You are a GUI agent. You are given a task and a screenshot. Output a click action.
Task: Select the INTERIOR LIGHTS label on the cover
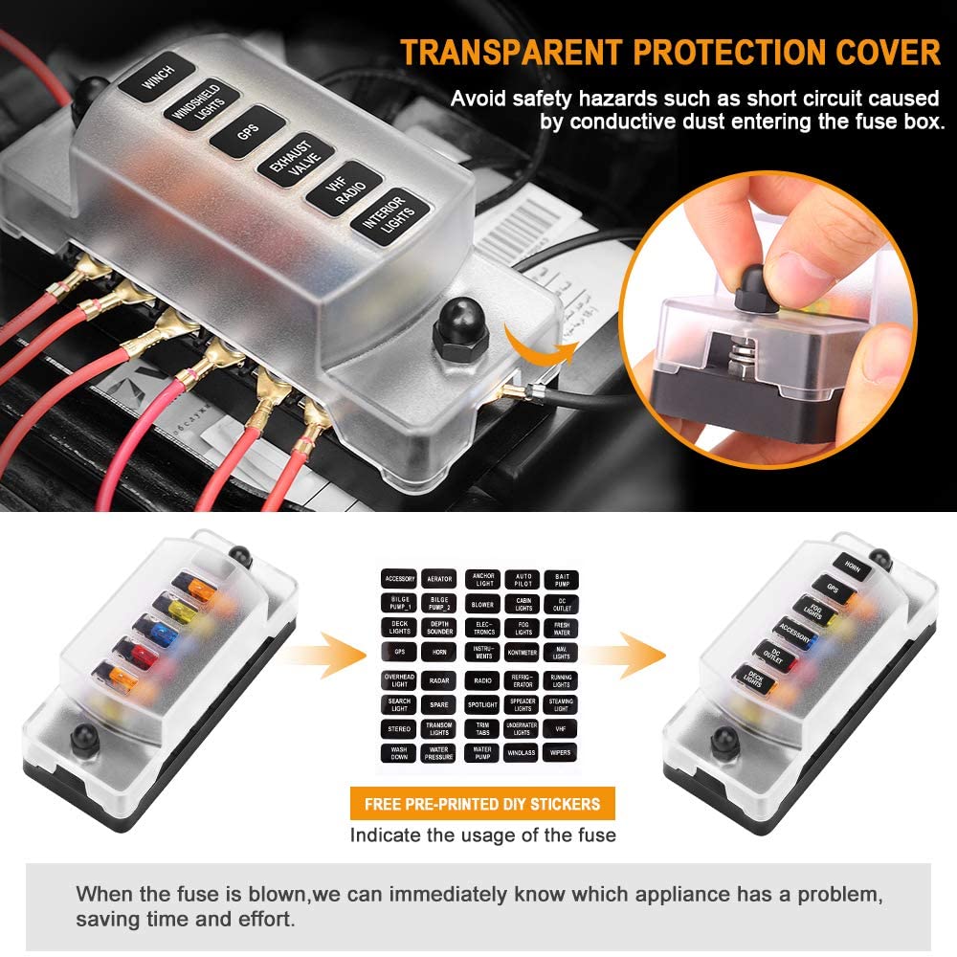383,213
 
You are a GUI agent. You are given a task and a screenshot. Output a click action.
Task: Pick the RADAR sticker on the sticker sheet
440,680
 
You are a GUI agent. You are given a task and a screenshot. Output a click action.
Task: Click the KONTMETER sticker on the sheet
523,653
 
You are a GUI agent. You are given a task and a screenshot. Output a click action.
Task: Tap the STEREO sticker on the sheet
399,728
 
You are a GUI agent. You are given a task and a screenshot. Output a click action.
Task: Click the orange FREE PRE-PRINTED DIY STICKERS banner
482,803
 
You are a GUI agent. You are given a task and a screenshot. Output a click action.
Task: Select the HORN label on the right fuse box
851,569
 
